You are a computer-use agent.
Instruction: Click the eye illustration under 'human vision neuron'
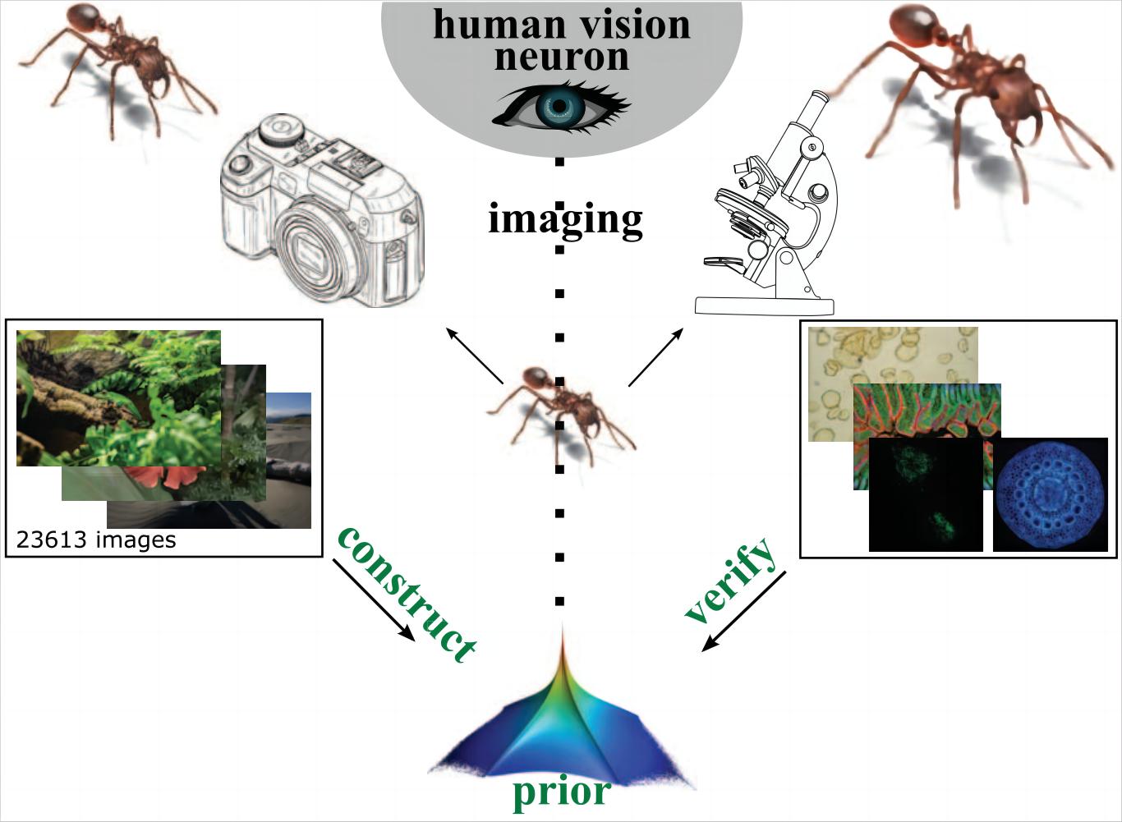pos(561,107)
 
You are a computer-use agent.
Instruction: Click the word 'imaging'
pos(565,219)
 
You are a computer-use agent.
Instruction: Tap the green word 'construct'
pos(407,591)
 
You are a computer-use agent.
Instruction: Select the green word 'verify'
pos(729,580)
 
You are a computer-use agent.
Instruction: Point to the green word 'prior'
pos(561,791)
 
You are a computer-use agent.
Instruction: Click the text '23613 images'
pos(96,540)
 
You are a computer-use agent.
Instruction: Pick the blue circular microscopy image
pos(1050,494)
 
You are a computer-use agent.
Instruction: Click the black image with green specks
pos(925,494)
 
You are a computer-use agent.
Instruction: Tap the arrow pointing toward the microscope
pos(655,357)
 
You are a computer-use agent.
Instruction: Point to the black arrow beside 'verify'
pos(743,612)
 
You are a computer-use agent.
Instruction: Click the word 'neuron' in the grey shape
pos(562,57)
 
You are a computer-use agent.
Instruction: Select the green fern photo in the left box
pos(118,397)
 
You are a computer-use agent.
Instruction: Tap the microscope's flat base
pos(764,305)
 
